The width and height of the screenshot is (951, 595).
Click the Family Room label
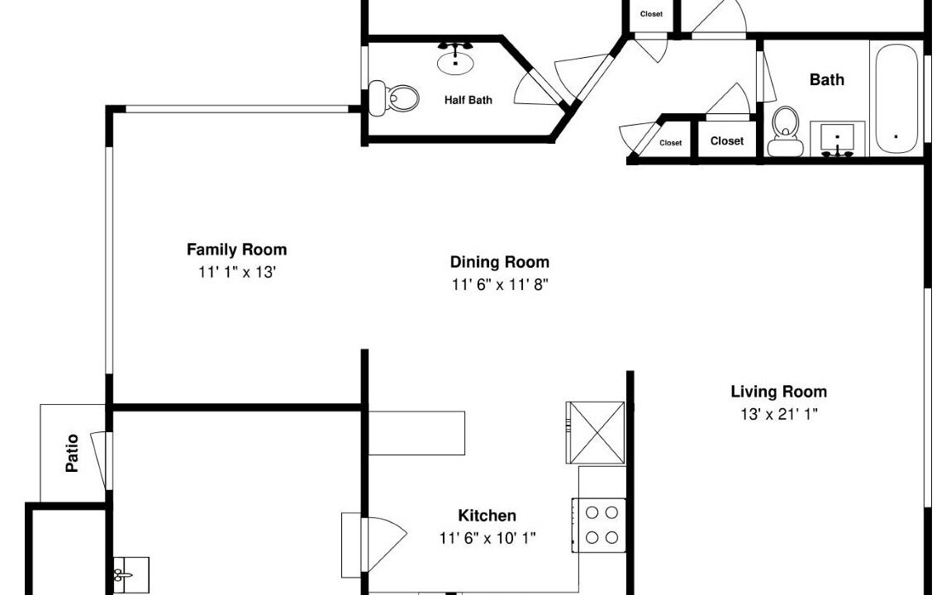pos(236,250)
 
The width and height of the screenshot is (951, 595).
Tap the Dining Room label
pos(500,262)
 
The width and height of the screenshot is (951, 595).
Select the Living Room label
pos(779,392)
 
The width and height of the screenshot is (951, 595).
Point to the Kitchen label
pos(487,516)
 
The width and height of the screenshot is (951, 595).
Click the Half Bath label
pos(468,100)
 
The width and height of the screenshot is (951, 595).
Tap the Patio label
pos(72,453)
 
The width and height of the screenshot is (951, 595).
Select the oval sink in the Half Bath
pos(455,59)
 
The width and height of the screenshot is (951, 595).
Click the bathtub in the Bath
pos(896,100)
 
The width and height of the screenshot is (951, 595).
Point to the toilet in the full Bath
pos(786,131)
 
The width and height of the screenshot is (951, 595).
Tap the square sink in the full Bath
pos(837,139)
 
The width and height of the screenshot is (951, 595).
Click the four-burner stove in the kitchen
pos(598,526)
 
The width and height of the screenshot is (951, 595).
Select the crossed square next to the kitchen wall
pos(596,432)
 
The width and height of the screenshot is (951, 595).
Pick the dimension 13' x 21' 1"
pos(779,414)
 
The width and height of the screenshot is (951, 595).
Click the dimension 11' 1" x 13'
pos(237,273)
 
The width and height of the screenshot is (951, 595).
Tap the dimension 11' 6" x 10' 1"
pos(487,538)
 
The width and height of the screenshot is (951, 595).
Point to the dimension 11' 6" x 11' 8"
pos(500,284)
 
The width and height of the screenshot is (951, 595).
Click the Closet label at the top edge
pos(651,14)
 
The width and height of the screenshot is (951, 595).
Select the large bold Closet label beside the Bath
pos(726,140)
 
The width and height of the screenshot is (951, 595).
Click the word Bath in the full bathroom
pos(827,79)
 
